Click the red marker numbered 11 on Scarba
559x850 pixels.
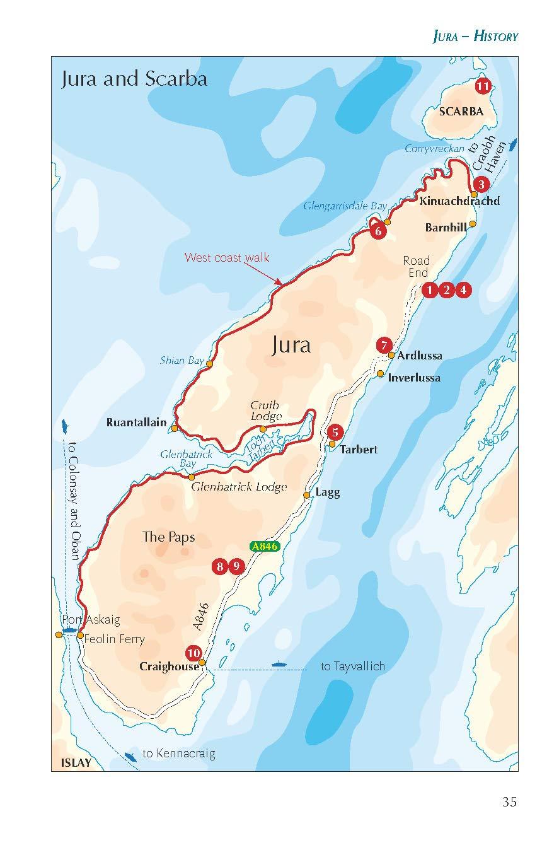[483, 86]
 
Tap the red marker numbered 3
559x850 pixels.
[481, 184]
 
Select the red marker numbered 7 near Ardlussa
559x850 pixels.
[384, 345]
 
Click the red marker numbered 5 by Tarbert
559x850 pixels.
[335, 432]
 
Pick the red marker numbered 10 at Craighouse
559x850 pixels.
[193, 653]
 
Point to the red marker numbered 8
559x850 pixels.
[219, 566]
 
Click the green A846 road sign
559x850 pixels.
[264, 547]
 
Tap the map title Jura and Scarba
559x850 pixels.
[134, 80]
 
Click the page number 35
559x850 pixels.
[509, 802]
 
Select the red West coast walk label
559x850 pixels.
[227, 257]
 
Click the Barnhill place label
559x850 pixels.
[446, 228]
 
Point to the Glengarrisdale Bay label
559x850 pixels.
[345, 206]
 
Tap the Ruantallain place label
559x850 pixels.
[136, 422]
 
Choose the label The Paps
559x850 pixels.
[168, 537]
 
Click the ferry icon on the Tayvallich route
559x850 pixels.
[278, 664]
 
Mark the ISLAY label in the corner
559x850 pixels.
[76, 762]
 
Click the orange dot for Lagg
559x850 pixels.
[307, 495]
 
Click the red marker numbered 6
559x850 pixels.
[379, 231]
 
